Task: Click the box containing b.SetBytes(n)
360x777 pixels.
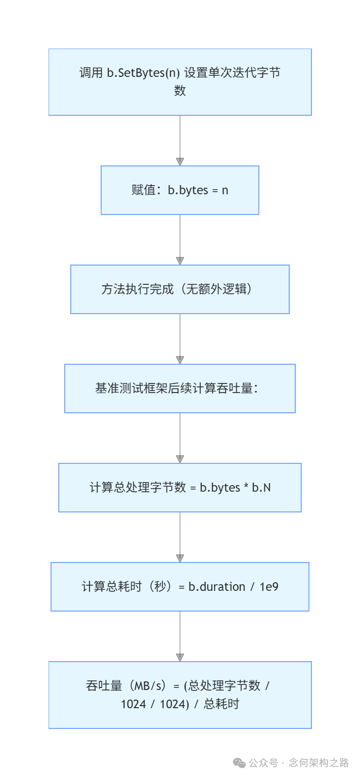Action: click(x=179, y=82)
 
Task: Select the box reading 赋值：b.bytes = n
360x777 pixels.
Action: click(x=179, y=190)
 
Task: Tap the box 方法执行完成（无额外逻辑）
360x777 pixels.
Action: click(x=179, y=289)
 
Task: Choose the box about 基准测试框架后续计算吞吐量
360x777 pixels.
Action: click(x=179, y=388)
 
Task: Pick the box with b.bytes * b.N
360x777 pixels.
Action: click(x=179, y=488)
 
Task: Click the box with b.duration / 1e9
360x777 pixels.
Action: click(x=179, y=587)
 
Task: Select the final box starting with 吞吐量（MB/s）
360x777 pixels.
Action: click(x=179, y=695)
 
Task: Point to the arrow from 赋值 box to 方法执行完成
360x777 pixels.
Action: click(x=179, y=240)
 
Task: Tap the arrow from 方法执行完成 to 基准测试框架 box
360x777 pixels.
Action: click(x=179, y=339)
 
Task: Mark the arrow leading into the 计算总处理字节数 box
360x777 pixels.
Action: click(x=179, y=438)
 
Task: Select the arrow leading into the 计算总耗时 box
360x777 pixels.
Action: click(x=179, y=537)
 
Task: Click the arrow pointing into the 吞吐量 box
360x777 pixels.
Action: click(x=179, y=636)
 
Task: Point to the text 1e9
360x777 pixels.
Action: click(x=269, y=587)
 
